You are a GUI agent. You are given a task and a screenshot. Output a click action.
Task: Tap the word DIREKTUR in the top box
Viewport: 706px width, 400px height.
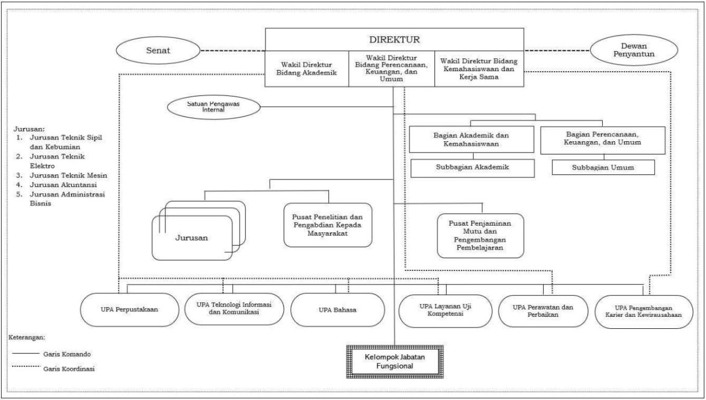[x=394, y=40]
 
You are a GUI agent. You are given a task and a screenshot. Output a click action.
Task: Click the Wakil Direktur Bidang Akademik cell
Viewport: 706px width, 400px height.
[x=307, y=68]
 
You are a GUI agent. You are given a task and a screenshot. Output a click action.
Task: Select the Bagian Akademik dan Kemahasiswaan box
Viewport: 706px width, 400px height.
[x=471, y=139]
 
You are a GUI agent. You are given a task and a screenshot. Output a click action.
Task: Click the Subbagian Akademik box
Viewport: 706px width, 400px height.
[x=471, y=168]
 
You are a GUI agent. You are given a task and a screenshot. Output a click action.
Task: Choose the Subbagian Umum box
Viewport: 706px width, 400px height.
[x=603, y=168]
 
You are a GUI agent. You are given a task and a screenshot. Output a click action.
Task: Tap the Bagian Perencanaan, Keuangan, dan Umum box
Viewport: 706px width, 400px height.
[x=603, y=139]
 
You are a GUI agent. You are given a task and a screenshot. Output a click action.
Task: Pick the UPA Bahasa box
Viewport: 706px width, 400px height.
[x=337, y=310]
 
